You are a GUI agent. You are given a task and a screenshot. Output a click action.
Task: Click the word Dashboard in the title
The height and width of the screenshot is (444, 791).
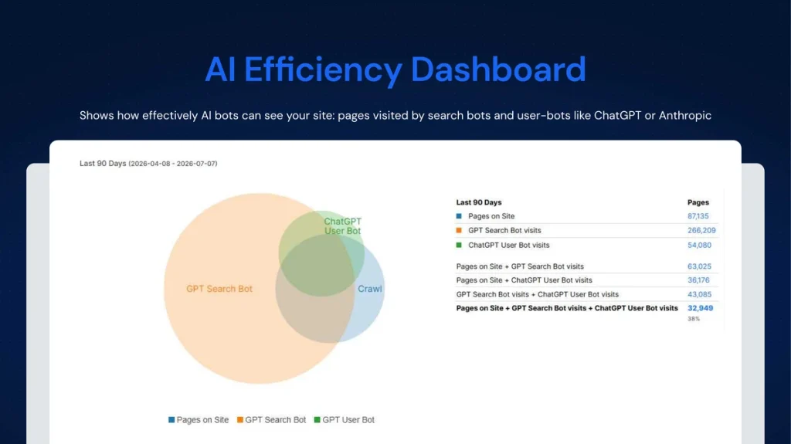tap(498, 69)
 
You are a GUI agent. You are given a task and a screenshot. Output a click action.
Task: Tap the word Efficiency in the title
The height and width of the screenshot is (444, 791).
tap(323, 70)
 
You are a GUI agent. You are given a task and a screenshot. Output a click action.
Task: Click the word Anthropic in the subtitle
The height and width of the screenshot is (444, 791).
tap(684, 116)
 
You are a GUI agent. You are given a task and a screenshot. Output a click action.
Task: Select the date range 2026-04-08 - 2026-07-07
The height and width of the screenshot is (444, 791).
tap(172, 164)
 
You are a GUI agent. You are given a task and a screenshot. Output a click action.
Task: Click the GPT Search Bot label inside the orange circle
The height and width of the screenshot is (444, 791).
tap(219, 289)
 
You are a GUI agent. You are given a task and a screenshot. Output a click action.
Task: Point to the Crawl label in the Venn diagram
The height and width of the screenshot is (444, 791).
tap(370, 289)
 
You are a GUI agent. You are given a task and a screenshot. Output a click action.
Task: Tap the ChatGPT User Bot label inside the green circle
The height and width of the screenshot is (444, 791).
tap(342, 226)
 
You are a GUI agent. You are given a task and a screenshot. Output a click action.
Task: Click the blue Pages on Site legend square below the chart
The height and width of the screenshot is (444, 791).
tap(171, 420)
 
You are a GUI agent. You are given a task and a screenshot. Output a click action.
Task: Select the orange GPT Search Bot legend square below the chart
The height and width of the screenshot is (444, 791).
tap(240, 420)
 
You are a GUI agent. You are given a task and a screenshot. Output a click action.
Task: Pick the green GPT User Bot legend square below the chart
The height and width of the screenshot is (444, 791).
tap(317, 420)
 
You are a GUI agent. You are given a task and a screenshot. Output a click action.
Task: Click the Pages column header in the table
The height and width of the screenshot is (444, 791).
tap(698, 202)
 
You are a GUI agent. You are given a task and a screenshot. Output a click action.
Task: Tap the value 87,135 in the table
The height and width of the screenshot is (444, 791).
tap(698, 216)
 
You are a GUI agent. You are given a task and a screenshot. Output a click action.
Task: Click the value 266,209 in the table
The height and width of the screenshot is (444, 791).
tap(701, 230)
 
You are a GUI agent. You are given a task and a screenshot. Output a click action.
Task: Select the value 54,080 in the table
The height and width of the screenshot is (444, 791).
tap(699, 246)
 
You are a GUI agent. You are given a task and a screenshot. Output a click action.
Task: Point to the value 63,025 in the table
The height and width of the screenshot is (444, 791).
tap(699, 266)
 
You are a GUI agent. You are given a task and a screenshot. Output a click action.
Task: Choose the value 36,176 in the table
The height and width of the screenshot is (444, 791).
tap(698, 280)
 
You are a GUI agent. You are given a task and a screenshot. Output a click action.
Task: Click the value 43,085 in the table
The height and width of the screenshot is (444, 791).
tap(699, 294)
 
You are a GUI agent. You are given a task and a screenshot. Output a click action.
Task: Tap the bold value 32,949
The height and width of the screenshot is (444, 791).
tap(700, 308)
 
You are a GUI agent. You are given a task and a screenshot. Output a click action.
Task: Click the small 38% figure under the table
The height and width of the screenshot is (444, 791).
tap(694, 319)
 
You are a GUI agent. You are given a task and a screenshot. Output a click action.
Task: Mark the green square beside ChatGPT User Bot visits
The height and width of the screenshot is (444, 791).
tap(459, 246)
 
